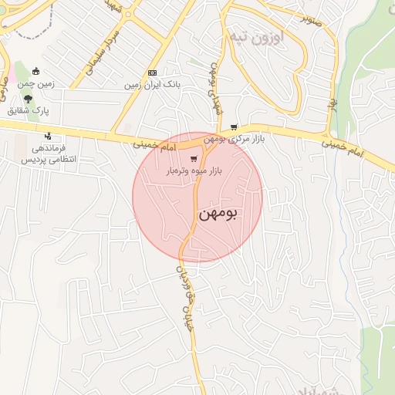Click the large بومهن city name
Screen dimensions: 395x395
coord(218,213)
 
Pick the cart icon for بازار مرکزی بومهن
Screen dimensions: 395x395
coord(234,128)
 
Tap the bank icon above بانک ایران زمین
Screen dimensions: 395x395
coord(152,73)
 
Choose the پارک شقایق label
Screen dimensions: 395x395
coord(29,111)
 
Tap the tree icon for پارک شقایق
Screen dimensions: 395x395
coord(29,99)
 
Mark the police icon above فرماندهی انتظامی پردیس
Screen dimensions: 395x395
coord(48,137)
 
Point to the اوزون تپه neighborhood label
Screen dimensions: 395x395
coord(256,36)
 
